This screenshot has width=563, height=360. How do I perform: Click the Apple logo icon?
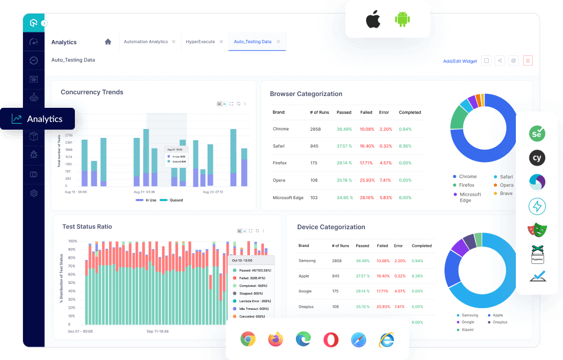coord(373,19)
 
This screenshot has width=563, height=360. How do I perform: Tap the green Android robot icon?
coord(403,19)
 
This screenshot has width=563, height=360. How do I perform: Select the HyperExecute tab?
coord(200,42)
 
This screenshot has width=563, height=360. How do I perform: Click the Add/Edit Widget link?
coord(460,61)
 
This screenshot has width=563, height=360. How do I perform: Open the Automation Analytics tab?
coord(146,42)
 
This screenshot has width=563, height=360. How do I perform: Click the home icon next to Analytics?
coord(108,42)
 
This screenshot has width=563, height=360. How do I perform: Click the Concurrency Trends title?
coord(92,92)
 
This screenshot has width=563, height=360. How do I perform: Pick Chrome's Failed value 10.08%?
coord(367,129)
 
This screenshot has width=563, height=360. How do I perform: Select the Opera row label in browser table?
coord(279,180)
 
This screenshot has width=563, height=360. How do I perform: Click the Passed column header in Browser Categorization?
coord(344,112)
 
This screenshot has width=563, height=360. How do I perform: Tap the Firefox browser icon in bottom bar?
coord(275,339)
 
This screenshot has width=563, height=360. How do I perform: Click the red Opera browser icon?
coord(331,339)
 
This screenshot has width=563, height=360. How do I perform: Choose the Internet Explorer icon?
coord(386,339)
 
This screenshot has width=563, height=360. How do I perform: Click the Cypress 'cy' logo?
coord(536,158)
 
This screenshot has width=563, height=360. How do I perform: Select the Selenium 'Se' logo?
coord(536,134)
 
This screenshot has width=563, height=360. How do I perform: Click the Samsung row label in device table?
coord(308,260)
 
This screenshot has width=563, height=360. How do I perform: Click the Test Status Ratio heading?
coord(87,226)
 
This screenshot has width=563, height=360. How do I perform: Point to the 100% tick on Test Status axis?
coord(73,241)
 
